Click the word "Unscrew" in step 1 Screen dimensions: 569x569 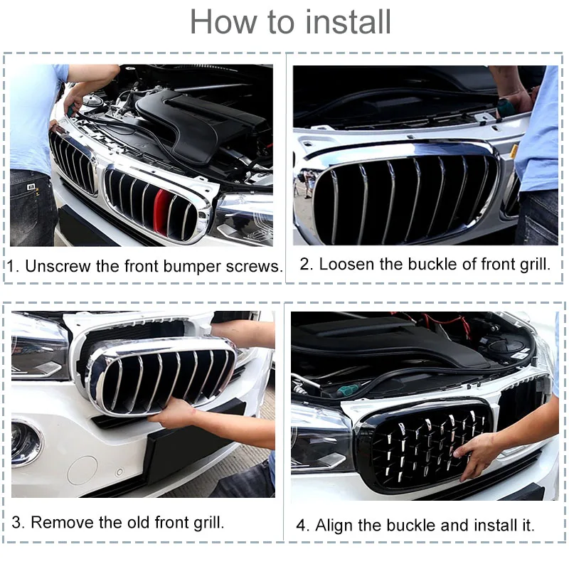[58, 267]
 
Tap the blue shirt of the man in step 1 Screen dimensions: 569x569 [32, 114]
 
